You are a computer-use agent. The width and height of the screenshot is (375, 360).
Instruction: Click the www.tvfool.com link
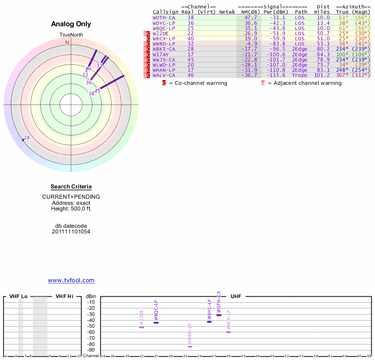[71, 280]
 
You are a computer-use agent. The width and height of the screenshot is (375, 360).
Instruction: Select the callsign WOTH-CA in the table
[164, 17]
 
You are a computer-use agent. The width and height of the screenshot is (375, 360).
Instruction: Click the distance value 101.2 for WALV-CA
[322, 75]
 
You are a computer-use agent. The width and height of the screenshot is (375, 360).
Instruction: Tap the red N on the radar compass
[67, 43]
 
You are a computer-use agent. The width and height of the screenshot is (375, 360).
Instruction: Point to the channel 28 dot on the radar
[23, 139]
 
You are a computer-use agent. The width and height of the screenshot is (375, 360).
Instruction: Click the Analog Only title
[71, 24]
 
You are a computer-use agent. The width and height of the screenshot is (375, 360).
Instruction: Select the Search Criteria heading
[71, 187]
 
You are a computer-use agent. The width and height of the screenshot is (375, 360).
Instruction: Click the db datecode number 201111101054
[71, 232]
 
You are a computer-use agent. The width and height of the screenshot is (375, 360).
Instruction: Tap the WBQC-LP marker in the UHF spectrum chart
[156, 322]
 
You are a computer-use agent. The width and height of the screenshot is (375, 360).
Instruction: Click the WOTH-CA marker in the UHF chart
[218, 315]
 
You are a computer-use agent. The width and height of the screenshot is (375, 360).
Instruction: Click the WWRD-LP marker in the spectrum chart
[190, 346]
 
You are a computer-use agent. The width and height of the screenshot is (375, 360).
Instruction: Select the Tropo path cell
[300, 75]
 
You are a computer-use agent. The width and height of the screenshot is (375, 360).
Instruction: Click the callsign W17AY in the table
[160, 54]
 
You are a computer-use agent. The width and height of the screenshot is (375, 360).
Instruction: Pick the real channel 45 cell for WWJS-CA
[190, 60]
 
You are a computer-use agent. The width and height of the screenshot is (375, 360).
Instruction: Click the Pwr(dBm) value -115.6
[276, 75]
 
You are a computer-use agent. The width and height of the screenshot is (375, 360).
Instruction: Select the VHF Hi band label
[64, 296]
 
